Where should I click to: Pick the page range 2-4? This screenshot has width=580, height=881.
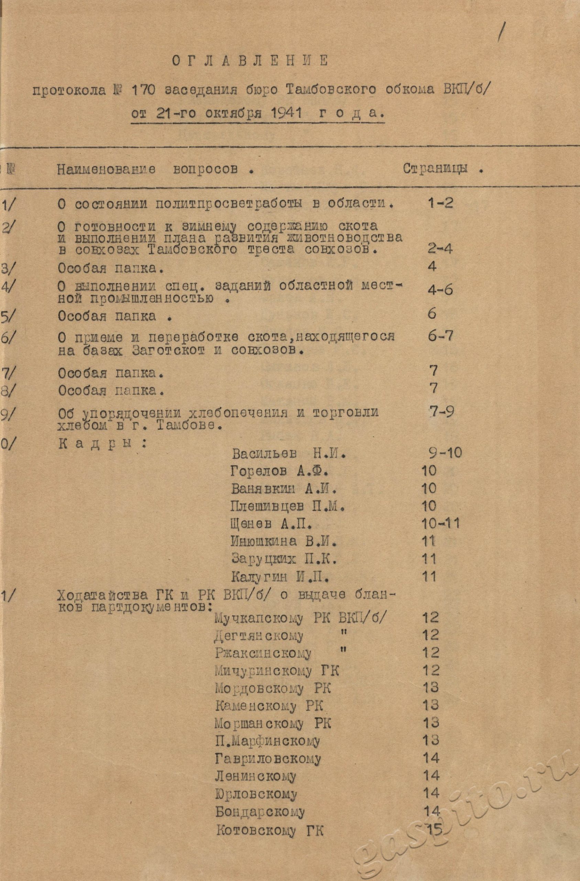(x=439, y=248)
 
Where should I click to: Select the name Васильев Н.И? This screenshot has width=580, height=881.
(x=289, y=454)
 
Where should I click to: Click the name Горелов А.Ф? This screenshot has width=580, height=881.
(x=279, y=471)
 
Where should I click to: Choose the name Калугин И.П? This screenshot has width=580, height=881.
(x=281, y=576)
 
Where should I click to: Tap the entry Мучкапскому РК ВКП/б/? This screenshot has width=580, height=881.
(x=302, y=617)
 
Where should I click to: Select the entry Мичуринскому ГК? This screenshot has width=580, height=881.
(x=277, y=670)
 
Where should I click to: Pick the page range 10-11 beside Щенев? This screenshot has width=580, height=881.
(x=440, y=523)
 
